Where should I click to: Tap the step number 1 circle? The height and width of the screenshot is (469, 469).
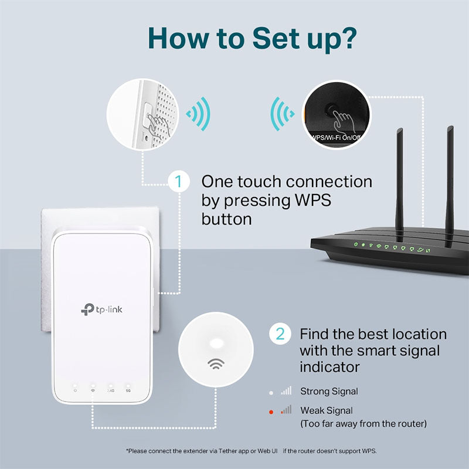point(179,182)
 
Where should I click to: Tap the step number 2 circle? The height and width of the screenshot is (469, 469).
point(280,334)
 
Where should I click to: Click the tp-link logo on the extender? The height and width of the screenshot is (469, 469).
point(103,309)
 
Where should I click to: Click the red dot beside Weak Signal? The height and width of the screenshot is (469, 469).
point(271,412)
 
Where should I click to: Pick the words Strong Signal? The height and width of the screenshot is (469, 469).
point(329,391)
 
